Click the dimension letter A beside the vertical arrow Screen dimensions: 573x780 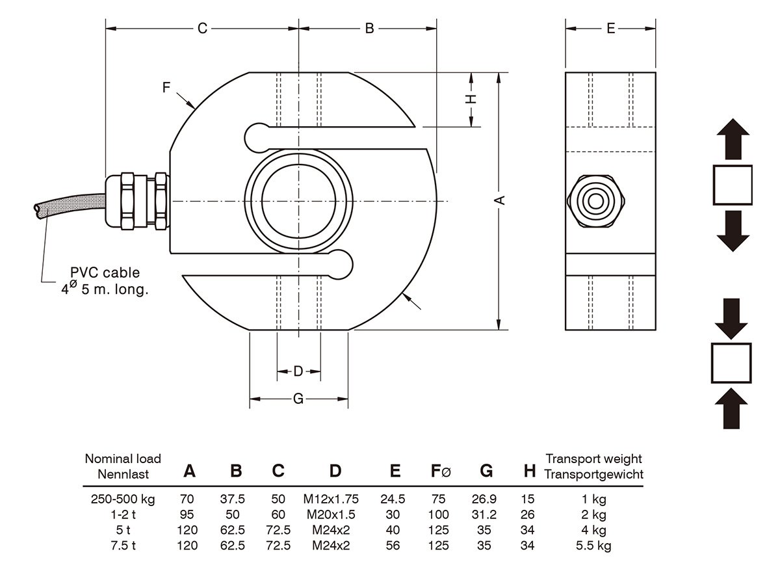pyautogui.click(x=500, y=200)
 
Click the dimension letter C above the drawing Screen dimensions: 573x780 pyautogui.click(x=202, y=29)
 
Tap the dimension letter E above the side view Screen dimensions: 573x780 pyautogui.click(x=610, y=29)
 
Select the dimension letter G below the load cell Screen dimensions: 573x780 pyautogui.click(x=298, y=399)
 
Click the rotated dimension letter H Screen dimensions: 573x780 pyautogui.click(x=472, y=98)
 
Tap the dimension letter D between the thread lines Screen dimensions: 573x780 pyautogui.click(x=298, y=371)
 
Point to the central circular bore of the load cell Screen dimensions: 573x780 pyautogui.click(x=298, y=200)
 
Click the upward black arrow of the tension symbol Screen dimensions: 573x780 pyautogui.click(x=733, y=139)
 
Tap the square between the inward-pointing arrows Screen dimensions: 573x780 pyautogui.click(x=732, y=363)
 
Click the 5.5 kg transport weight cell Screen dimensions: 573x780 pyautogui.click(x=593, y=546)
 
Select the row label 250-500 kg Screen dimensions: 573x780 pyautogui.click(x=123, y=500)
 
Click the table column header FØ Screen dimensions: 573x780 pyautogui.click(x=440, y=472)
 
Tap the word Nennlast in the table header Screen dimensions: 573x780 pyautogui.click(x=123, y=474)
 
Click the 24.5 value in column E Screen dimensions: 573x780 pyautogui.click(x=393, y=500)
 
